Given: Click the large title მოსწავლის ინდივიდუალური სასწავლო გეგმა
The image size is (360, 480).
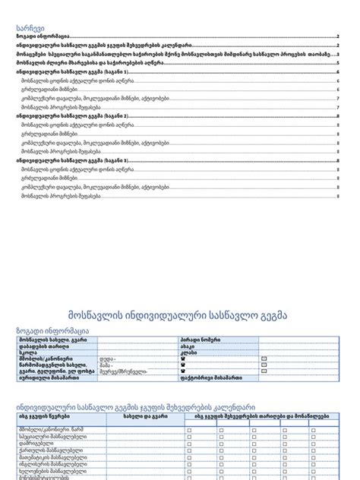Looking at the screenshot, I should tap(179, 314).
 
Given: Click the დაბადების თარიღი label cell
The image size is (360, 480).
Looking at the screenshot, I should tap(43, 346).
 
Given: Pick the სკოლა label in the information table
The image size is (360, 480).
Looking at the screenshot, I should tap(27, 353).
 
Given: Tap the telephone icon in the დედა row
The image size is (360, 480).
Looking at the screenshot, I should tap(182, 359).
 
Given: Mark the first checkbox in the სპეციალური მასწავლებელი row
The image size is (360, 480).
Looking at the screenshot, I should tap(189, 437).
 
